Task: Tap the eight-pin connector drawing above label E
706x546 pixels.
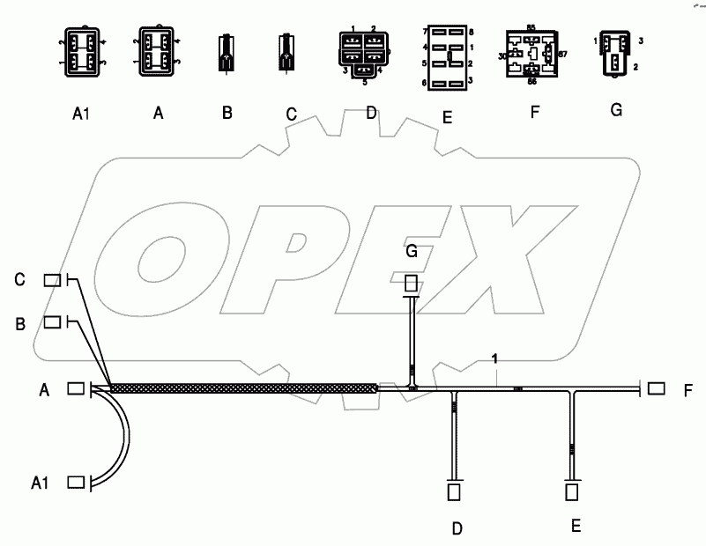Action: pos(449,57)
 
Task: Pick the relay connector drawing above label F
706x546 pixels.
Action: pos(532,54)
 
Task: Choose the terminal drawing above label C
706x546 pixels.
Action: pos(286,52)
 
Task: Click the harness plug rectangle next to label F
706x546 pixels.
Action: pos(656,388)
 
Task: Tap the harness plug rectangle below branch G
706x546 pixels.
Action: pos(411,284)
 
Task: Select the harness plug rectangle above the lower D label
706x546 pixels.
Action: pos(455,491)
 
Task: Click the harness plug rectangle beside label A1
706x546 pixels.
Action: pos(76,482)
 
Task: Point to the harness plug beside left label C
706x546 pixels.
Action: pos(54,280)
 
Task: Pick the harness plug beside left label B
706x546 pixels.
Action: pos(54,322)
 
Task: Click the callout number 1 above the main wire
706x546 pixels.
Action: pos(496,358)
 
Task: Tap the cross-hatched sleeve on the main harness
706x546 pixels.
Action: pos(242,387)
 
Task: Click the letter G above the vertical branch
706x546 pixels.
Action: pos(411,251)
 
